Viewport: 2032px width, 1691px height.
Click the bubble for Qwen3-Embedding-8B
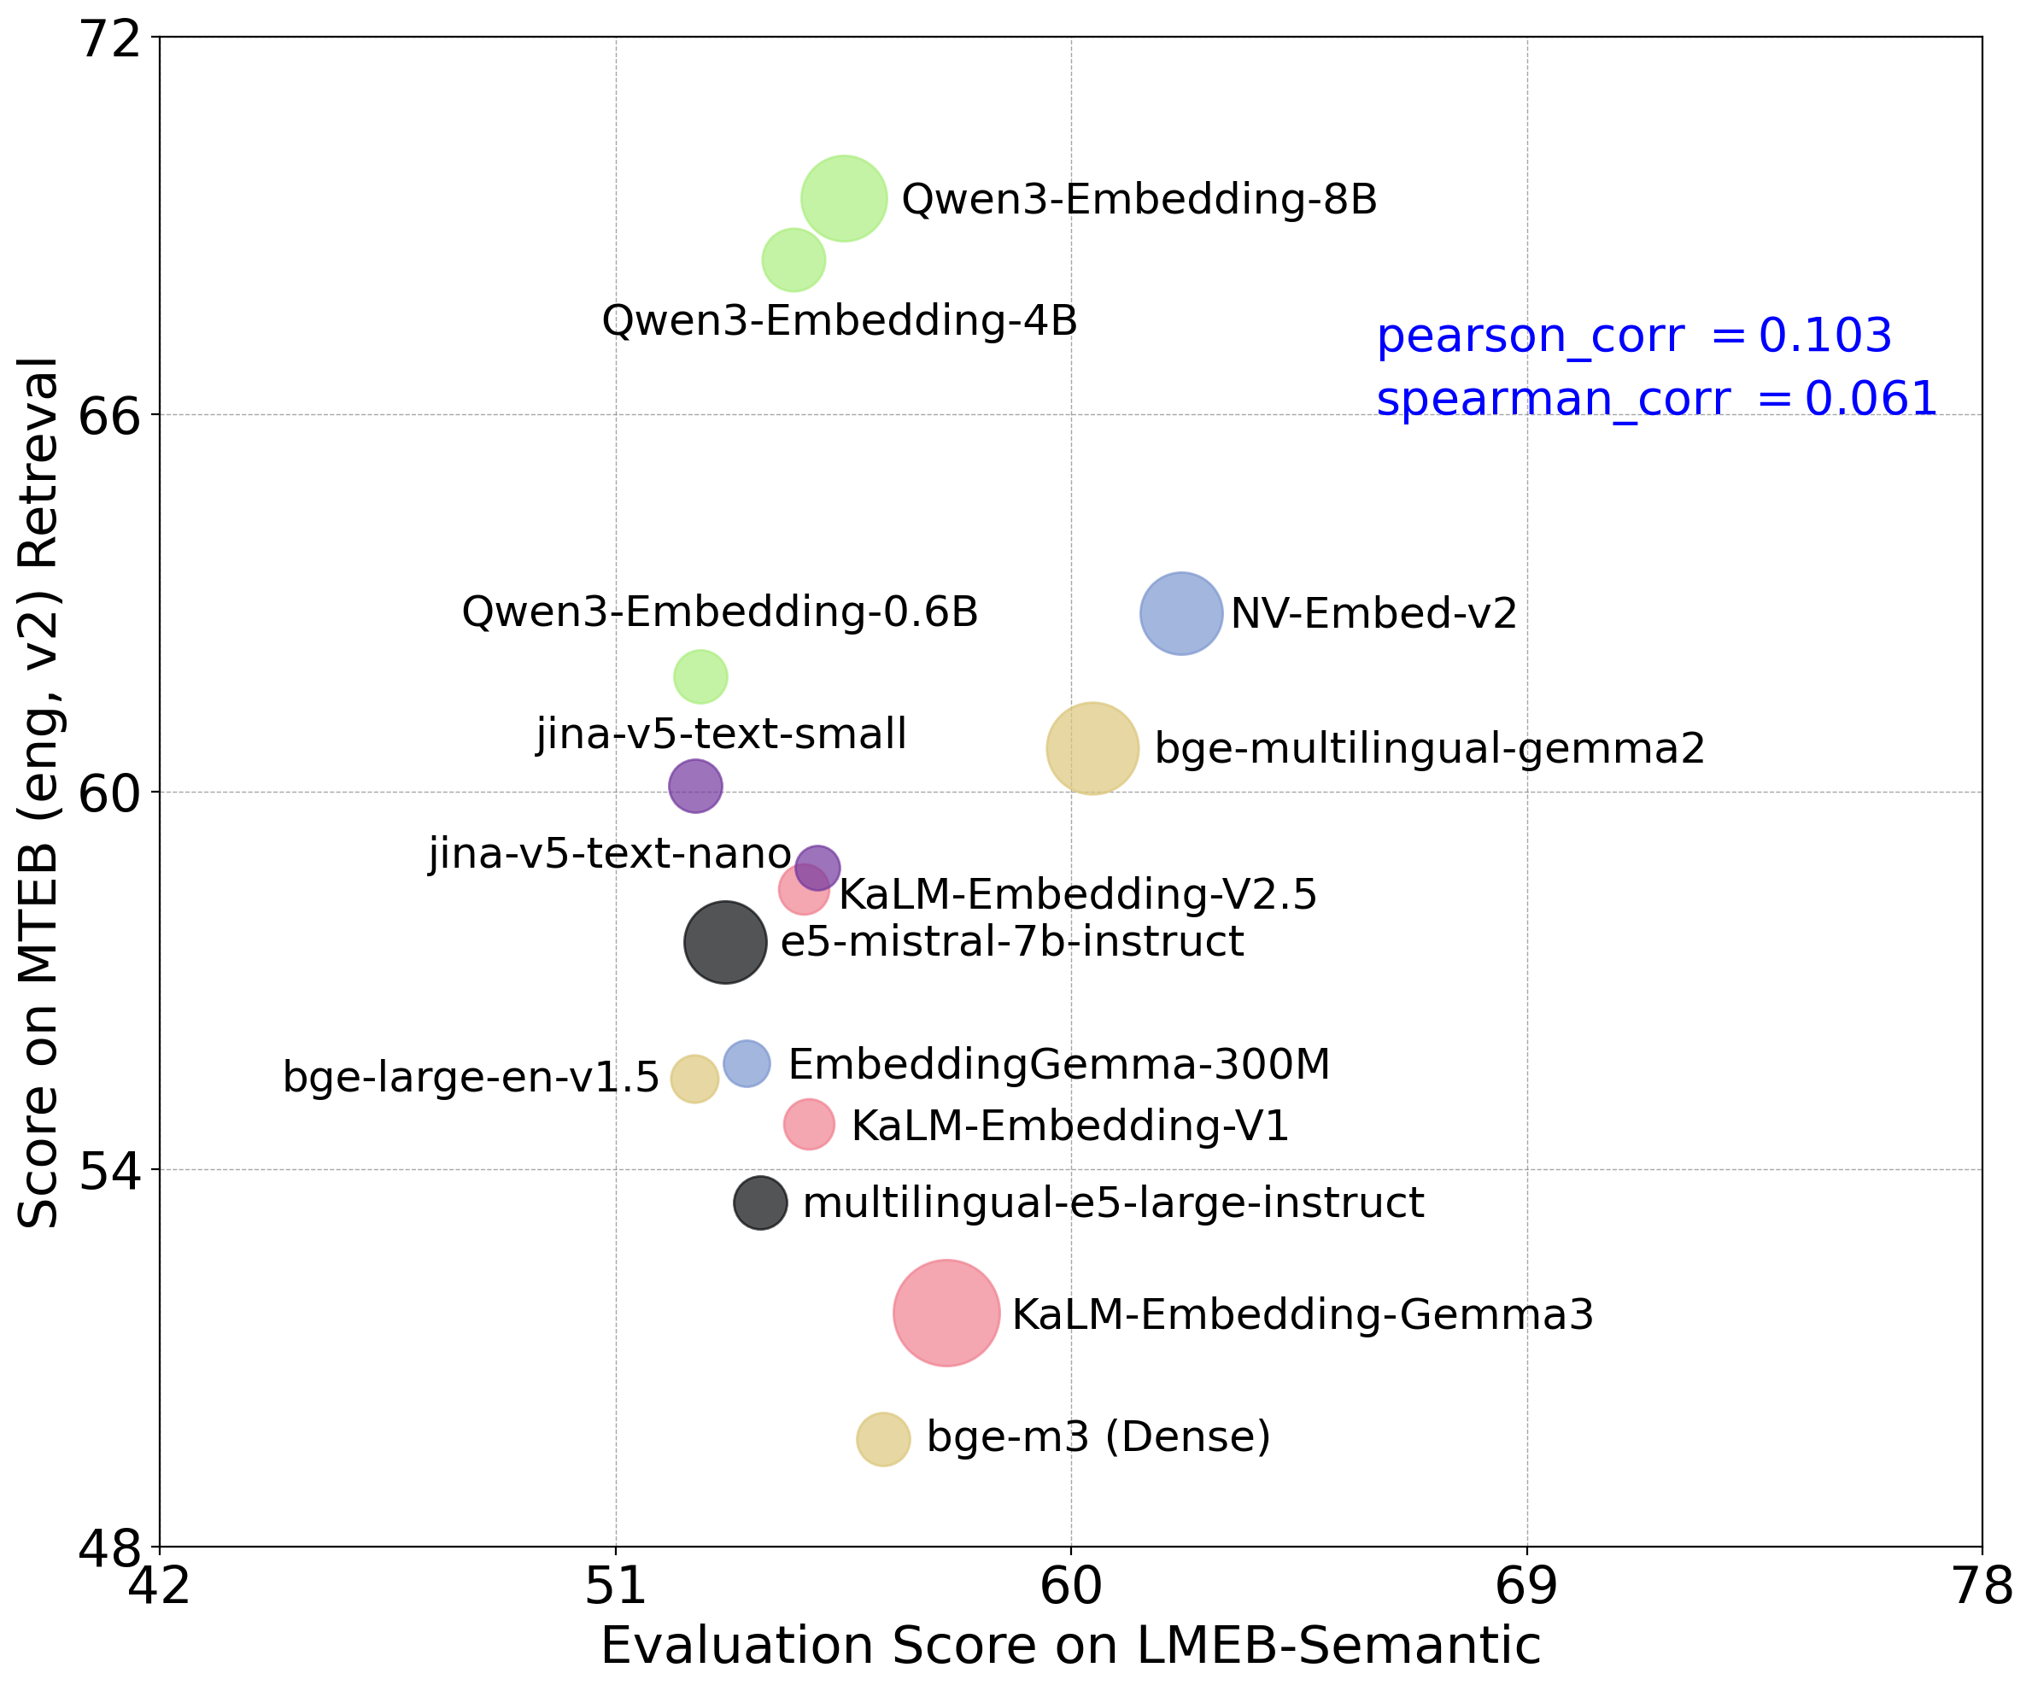[844, 197]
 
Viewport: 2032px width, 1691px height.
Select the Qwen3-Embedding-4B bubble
[793, 260]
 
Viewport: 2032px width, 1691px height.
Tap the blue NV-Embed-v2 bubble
[1181, 613]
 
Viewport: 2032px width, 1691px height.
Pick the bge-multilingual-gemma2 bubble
[1092, 748]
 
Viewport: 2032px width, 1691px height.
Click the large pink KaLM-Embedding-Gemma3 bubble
[946, 1313]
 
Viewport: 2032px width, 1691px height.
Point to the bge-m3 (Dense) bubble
[883, 1438]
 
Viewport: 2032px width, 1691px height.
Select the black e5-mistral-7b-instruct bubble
[726, 942]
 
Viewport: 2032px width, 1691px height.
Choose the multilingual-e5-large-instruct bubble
[760, 1203]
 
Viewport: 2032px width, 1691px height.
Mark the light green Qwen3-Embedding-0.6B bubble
[700, 676]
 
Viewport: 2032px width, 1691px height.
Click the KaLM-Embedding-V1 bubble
[809, 1124]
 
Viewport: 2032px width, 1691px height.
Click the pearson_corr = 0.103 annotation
[1633, 336]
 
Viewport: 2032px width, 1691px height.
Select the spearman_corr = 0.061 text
[1656, 399]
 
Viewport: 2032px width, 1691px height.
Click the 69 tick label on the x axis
[1527, 1587]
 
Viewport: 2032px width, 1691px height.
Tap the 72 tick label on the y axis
[108, 41]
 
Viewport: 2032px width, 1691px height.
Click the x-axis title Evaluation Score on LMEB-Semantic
[1070, 1647]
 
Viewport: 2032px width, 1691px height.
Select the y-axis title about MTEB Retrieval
[38, 793]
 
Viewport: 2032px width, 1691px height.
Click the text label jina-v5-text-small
[722, 734]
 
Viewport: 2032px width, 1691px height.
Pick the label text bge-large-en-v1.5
[471, 1078]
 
